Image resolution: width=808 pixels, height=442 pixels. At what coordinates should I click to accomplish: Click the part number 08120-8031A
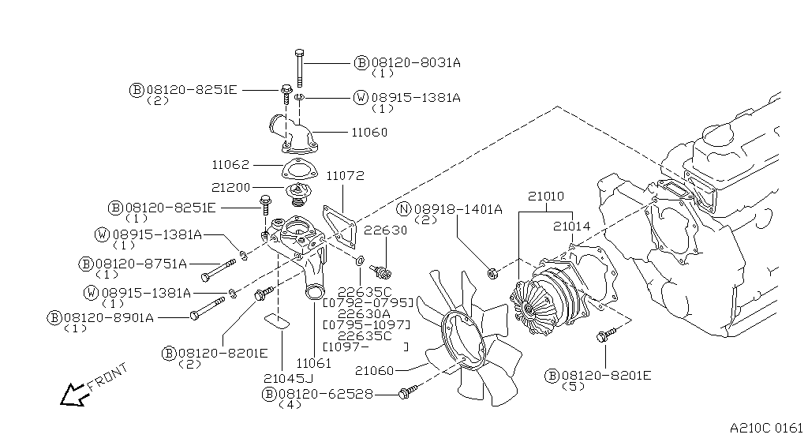coord(416,63)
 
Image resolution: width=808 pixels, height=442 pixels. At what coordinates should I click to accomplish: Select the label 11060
coord(369,133)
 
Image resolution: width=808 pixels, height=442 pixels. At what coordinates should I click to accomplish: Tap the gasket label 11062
coord(230,165)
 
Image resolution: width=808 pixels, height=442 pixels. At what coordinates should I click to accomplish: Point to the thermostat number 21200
coord(230,188)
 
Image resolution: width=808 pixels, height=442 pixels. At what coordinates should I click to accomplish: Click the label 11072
coord(346,176)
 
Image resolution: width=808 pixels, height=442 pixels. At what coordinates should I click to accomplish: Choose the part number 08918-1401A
coord(458,209)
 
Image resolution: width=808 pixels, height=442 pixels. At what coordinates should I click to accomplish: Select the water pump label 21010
coord(546,197)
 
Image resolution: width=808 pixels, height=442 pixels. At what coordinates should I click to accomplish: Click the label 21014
coord(572,227)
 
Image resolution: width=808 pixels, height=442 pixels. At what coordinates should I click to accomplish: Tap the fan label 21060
coord(375,370)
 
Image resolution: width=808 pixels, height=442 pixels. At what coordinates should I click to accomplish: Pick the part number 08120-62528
coord(326,394)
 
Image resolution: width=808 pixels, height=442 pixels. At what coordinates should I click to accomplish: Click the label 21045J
coord(288,379)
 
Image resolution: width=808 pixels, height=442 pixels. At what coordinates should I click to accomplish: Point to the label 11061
coord(314,363)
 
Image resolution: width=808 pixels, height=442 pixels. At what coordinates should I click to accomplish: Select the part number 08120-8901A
coord(109,318)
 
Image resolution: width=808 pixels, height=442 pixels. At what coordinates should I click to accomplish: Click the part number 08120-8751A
coord(141,264)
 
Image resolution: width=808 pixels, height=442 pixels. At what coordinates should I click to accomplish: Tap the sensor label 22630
coord(385,230)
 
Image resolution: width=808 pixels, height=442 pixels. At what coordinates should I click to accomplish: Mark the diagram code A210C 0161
coord(766,428)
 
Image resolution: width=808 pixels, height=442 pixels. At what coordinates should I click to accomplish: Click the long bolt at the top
coord(300,68)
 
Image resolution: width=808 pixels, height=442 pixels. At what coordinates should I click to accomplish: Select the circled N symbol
coord(405,209)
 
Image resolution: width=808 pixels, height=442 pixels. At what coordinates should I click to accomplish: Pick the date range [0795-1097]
coord(366,325)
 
